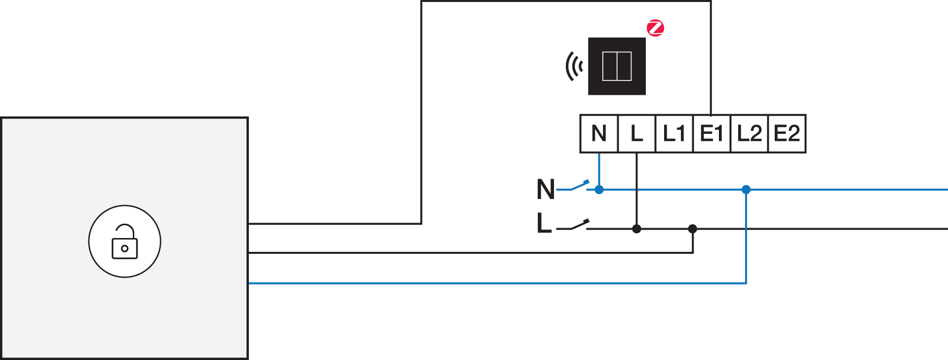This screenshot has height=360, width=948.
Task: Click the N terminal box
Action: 599,133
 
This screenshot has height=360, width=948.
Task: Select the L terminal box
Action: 636,133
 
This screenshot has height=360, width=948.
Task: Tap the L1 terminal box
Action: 674,133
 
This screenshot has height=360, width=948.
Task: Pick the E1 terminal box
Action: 711,133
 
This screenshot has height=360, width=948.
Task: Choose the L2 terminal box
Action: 749,133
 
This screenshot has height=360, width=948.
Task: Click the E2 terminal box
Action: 787,133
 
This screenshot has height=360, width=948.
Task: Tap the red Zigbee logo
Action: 656,28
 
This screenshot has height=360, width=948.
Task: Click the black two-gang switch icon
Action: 617,66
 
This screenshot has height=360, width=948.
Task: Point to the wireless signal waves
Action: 574,66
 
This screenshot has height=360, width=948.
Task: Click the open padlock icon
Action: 125,241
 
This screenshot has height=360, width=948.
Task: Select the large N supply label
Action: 546,189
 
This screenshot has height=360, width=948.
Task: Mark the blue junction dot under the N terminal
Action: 599,190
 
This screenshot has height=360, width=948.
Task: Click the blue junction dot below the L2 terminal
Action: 746,190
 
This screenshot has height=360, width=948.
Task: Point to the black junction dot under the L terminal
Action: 636,229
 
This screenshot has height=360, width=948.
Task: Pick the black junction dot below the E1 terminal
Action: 693,229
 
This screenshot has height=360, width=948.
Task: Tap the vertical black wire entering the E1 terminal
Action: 711,58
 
